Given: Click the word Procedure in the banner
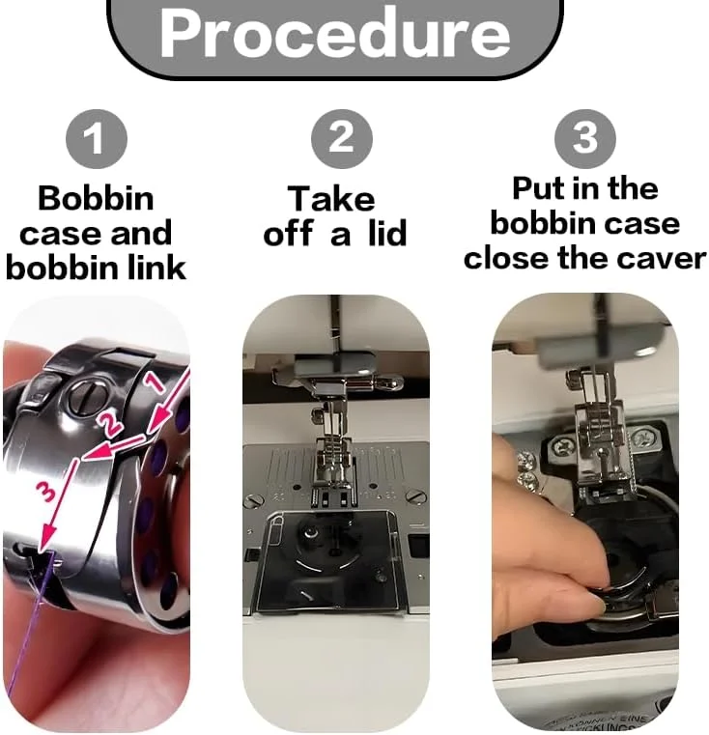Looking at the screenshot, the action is (335, 34).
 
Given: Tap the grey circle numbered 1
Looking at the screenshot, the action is (97, 139).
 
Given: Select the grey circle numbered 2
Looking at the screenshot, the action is (342, 139).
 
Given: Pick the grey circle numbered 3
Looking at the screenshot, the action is (585, 139).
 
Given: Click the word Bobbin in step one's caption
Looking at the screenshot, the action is (96, 198).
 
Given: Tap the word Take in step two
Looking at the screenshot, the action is (331, 199).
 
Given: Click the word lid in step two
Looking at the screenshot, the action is (387, 233).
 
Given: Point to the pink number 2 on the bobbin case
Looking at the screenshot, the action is (111, 426).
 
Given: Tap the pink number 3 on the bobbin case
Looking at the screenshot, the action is (47, 494).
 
